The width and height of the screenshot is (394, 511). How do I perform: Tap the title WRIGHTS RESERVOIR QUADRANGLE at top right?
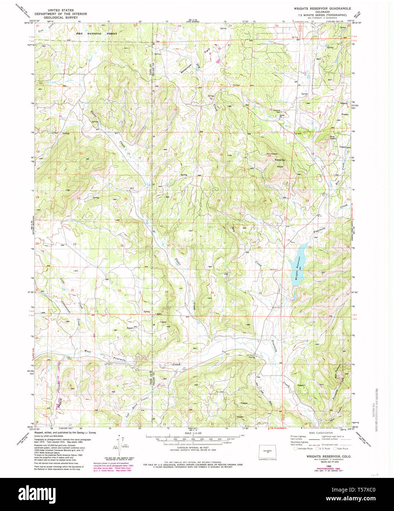click(322, 8)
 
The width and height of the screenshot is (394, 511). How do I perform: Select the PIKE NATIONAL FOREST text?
click(96, 33)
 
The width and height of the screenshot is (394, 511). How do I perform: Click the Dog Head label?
click(333, 137)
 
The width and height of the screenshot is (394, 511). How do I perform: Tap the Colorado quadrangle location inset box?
click(267, 451)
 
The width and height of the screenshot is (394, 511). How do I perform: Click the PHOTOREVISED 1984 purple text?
click(322, 469)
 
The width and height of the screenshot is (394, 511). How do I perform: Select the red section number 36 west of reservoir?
click(260, 293)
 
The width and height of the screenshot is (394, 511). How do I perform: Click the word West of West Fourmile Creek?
click(88, 351)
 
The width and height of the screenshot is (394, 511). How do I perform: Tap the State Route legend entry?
click(341, 448)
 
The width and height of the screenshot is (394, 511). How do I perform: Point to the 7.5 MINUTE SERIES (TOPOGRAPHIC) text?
click(322, 15)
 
